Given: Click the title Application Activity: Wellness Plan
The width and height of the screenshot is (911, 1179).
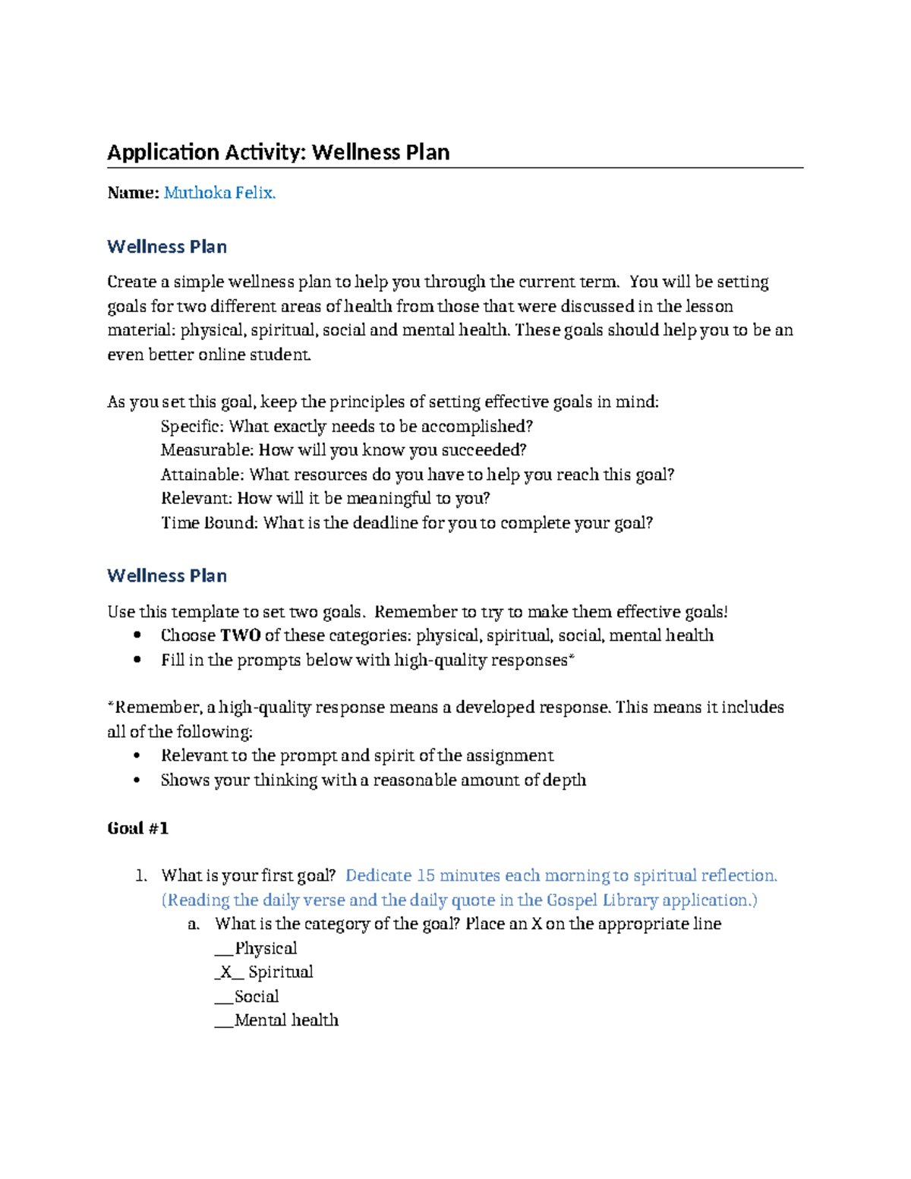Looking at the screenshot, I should point(278,153).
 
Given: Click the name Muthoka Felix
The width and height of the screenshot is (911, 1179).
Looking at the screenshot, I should point(219,193).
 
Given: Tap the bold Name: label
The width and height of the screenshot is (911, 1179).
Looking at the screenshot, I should point(133,193).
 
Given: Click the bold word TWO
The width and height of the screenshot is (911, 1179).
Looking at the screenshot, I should point(240,635).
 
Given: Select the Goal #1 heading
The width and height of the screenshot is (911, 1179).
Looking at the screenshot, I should point(137,828).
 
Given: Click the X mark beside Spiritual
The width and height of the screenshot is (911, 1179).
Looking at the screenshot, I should point(225,973).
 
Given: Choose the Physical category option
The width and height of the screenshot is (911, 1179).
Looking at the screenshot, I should point(265,948).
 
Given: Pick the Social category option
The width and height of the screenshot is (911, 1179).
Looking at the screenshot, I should point(256,996).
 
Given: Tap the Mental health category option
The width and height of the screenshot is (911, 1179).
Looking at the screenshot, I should point(285,1020).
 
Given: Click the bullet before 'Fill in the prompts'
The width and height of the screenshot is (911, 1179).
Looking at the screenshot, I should point(137,660).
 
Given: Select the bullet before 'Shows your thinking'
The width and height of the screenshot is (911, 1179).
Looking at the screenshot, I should point(137,780).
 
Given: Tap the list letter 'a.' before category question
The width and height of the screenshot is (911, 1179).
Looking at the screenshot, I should point(194,924).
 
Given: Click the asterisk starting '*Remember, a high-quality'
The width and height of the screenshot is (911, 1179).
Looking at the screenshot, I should point(111,706).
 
